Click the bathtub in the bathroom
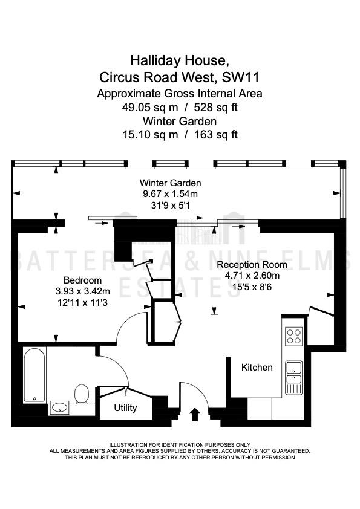point(34,375)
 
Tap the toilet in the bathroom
point(82,394)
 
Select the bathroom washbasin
point(59,407)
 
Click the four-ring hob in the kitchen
point(293,336)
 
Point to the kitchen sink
point(293,378)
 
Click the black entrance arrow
point(195,415)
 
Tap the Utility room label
point(125,407)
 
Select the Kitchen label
point(257,367)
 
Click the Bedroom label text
point(82,280)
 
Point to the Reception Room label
point(252,265)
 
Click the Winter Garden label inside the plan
point(170,183)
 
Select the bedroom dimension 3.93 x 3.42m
point(82,291)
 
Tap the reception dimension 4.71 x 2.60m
point(252,276)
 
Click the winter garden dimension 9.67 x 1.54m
point(170,194)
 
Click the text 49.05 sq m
point(150,107)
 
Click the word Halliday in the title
point(156,60)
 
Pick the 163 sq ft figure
point(216,134)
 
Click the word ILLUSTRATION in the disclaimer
point(128,445)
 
